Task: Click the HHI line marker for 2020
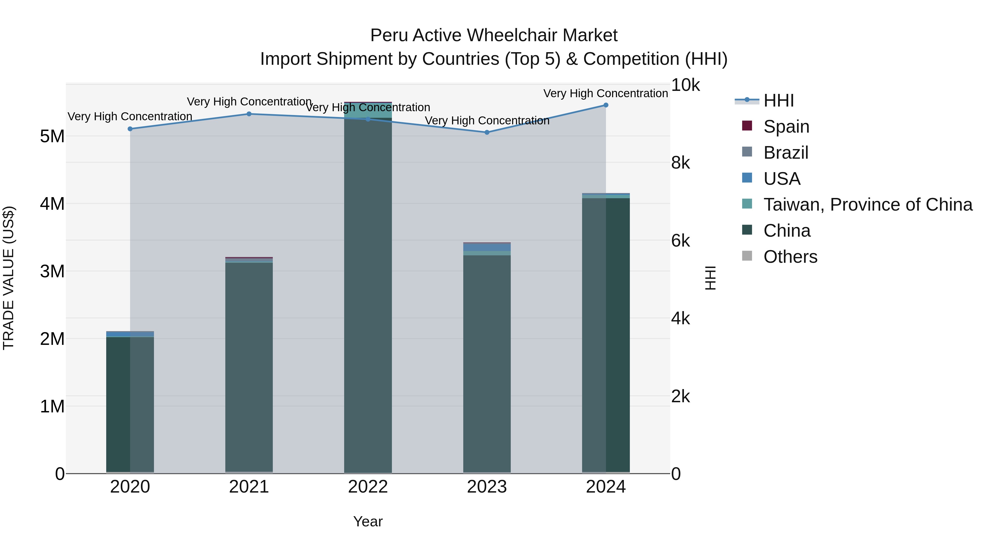pyautogui.click(x=130, y=129)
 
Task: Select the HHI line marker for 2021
pyautogui.click(x=249, y=114)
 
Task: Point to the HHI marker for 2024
pyautogui.click(x=606, y=105)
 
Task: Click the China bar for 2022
pyautogui.click(x=368, y=295)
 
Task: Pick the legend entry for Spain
pyautogui.click(x=786, y=127)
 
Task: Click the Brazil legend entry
pyautogui.click(x=785, y=153)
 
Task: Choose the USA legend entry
pyautogui.click(x=782, y=179)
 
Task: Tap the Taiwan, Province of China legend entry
pyautogui.click(x=868, y=205)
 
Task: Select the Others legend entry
pyautogui.click(x=790, y=257)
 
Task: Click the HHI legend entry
pyautogui.click(x=778, y=100)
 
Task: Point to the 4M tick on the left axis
pyautogui.click(x=52, y=204)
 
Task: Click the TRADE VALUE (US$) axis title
pyautogui.click(x=9, y=278)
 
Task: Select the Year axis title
pyautogui.click(x=368, y=521)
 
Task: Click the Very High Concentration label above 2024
pyautogui.click(x=606, y=93)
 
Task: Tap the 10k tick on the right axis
pyautogui.click(x=685, y=85)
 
